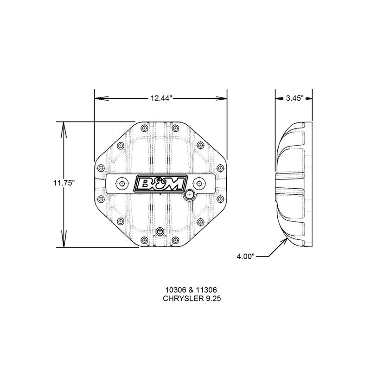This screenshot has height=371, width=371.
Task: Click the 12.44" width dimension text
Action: tap(161, 98)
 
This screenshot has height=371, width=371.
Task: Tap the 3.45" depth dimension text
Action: tap(294, 98)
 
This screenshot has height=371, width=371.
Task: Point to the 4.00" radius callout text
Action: tap(245, 256)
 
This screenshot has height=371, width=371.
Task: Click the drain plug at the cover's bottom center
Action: tap(160, 231)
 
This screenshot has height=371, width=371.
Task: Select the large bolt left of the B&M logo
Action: tap(122, 184)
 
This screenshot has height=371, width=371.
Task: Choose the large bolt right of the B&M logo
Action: tap(199, 184)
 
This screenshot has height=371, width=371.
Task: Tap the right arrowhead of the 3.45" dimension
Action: tap(309, 98)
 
